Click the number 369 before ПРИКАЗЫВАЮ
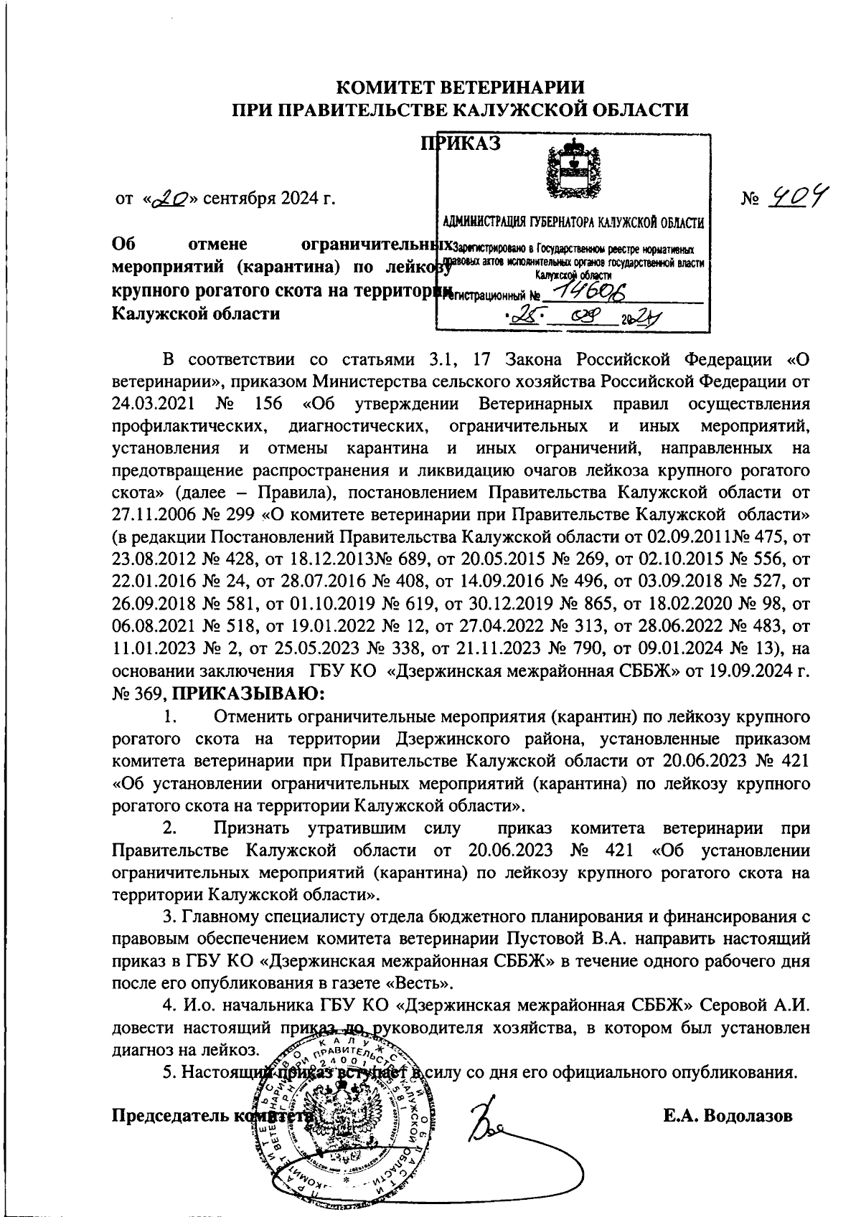(151, 694)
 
